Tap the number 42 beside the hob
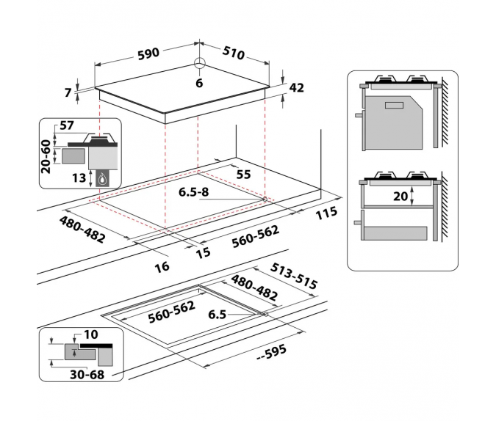click(x=297, y=88)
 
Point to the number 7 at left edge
click(x=68, y=92)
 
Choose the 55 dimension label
click(x=243, y=174)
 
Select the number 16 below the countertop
click(x=162, y=266)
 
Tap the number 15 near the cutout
click(x=203, y=253)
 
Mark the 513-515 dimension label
click(x=294, y=275)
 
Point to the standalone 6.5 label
click(x=216, y=315)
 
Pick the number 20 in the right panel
click(x=401, y=197)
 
